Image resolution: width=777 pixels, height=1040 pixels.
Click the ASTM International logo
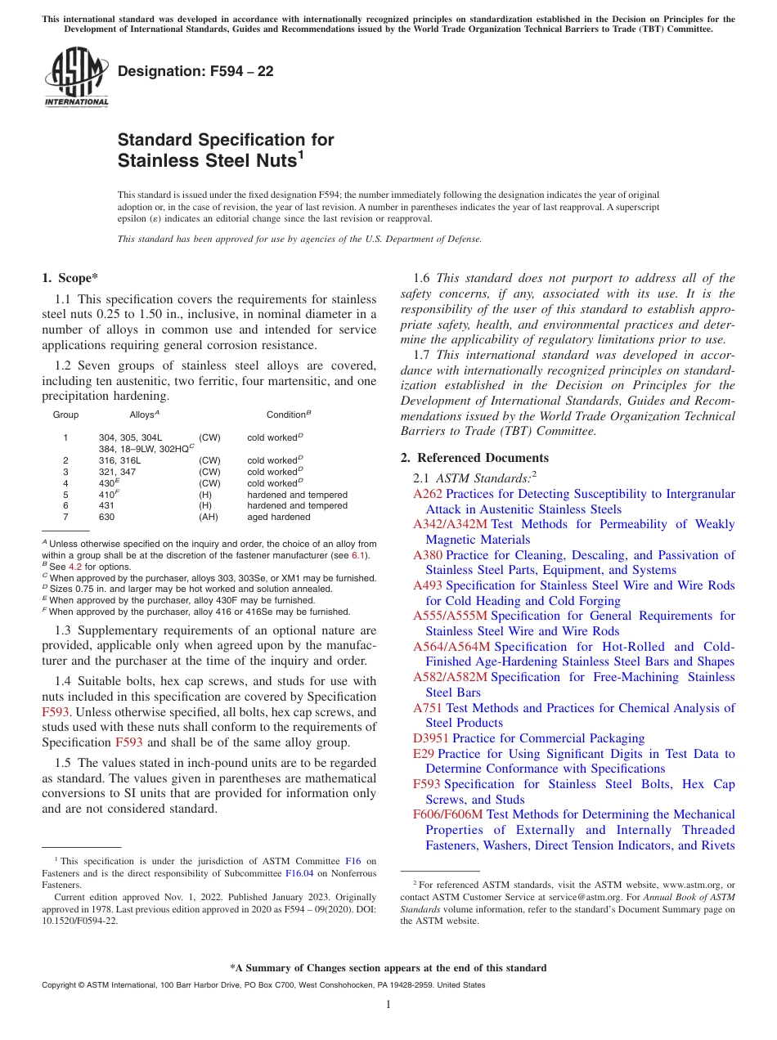[75, 78]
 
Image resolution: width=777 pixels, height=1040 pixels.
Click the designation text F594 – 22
[195, 71]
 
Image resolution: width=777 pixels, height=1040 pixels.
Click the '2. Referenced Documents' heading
[474, 457]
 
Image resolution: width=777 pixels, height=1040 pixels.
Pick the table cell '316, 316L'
[119, 461]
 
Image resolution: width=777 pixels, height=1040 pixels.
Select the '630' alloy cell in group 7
[106, 517]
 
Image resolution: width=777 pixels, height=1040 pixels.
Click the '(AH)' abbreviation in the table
[209, 517]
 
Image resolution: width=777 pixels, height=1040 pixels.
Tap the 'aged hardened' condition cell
[278, 517]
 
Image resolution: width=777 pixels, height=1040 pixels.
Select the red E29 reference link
[423, 753]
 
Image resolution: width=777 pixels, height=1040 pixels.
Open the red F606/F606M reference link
[448, 814]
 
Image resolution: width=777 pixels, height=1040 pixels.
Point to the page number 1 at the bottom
[388, 1005]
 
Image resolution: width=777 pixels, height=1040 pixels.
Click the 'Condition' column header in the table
[285, 415]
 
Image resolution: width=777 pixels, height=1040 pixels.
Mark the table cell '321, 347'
[118, 472]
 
